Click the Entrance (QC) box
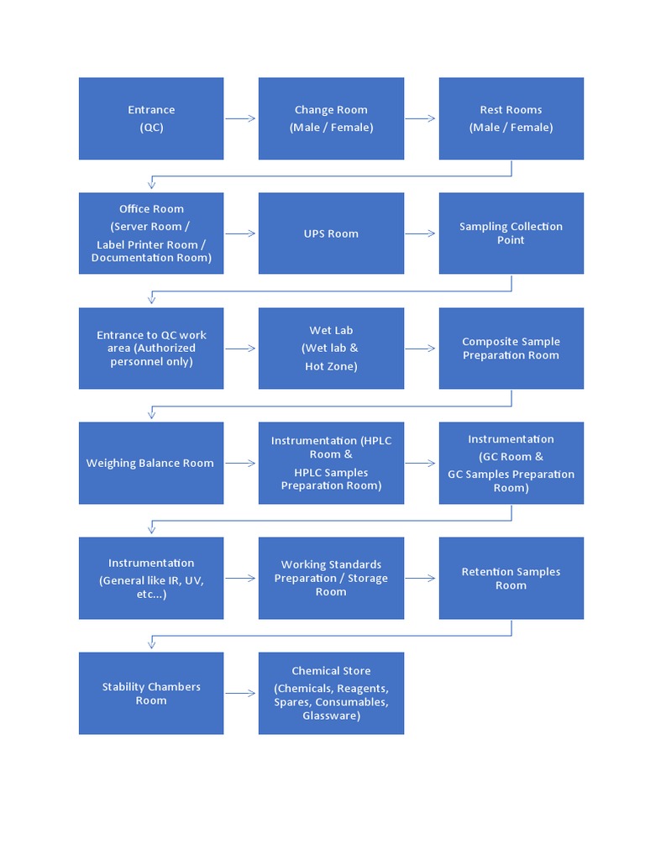coord(151,118)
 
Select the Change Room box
coord(331,118)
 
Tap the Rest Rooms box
coord(511,118)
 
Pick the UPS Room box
coord(331,233)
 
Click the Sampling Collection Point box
coord(511,233)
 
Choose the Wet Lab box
coord(331,348)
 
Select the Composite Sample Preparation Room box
coord(511,348)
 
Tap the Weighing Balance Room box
coord(151,463)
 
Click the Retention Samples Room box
coord(511,578)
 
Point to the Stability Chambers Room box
coord(151,693)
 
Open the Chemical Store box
coord(331,693)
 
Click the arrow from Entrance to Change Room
coord(241,118)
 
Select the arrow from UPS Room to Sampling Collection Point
coord(421,233)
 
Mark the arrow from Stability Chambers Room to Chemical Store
coord(241,693)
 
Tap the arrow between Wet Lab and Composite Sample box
coord(421,348)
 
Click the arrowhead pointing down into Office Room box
coord(152,185)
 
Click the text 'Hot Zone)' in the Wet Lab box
coord(331,366)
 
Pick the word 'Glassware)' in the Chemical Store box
coord(331,716)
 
